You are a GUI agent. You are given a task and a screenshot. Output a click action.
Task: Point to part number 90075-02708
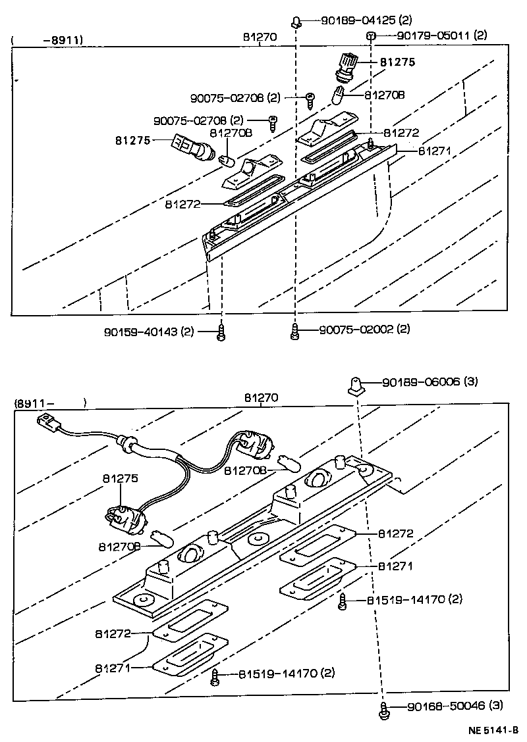point(198,121)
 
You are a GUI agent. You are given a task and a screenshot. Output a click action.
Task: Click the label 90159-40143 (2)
point(149,332)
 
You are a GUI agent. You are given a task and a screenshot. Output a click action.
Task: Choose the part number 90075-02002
point(364,329)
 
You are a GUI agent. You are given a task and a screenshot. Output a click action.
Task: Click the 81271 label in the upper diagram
point(433,150)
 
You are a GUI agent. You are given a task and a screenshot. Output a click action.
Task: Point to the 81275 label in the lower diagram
point(120,479)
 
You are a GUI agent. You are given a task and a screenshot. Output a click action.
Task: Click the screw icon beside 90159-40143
point(222,333)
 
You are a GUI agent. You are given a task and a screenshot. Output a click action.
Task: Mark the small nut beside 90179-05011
point(371,36)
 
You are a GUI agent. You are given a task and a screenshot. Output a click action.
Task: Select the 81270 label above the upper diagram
point(260,37)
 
